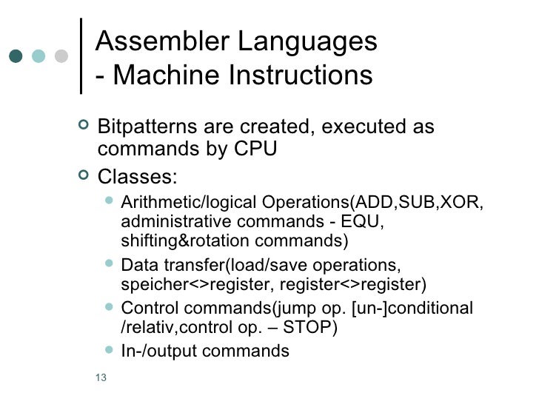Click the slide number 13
coord(101,380)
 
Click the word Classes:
coord(138,178)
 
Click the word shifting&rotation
coord(183,241)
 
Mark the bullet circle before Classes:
coord(83,176)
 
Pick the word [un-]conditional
coord(423,308)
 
